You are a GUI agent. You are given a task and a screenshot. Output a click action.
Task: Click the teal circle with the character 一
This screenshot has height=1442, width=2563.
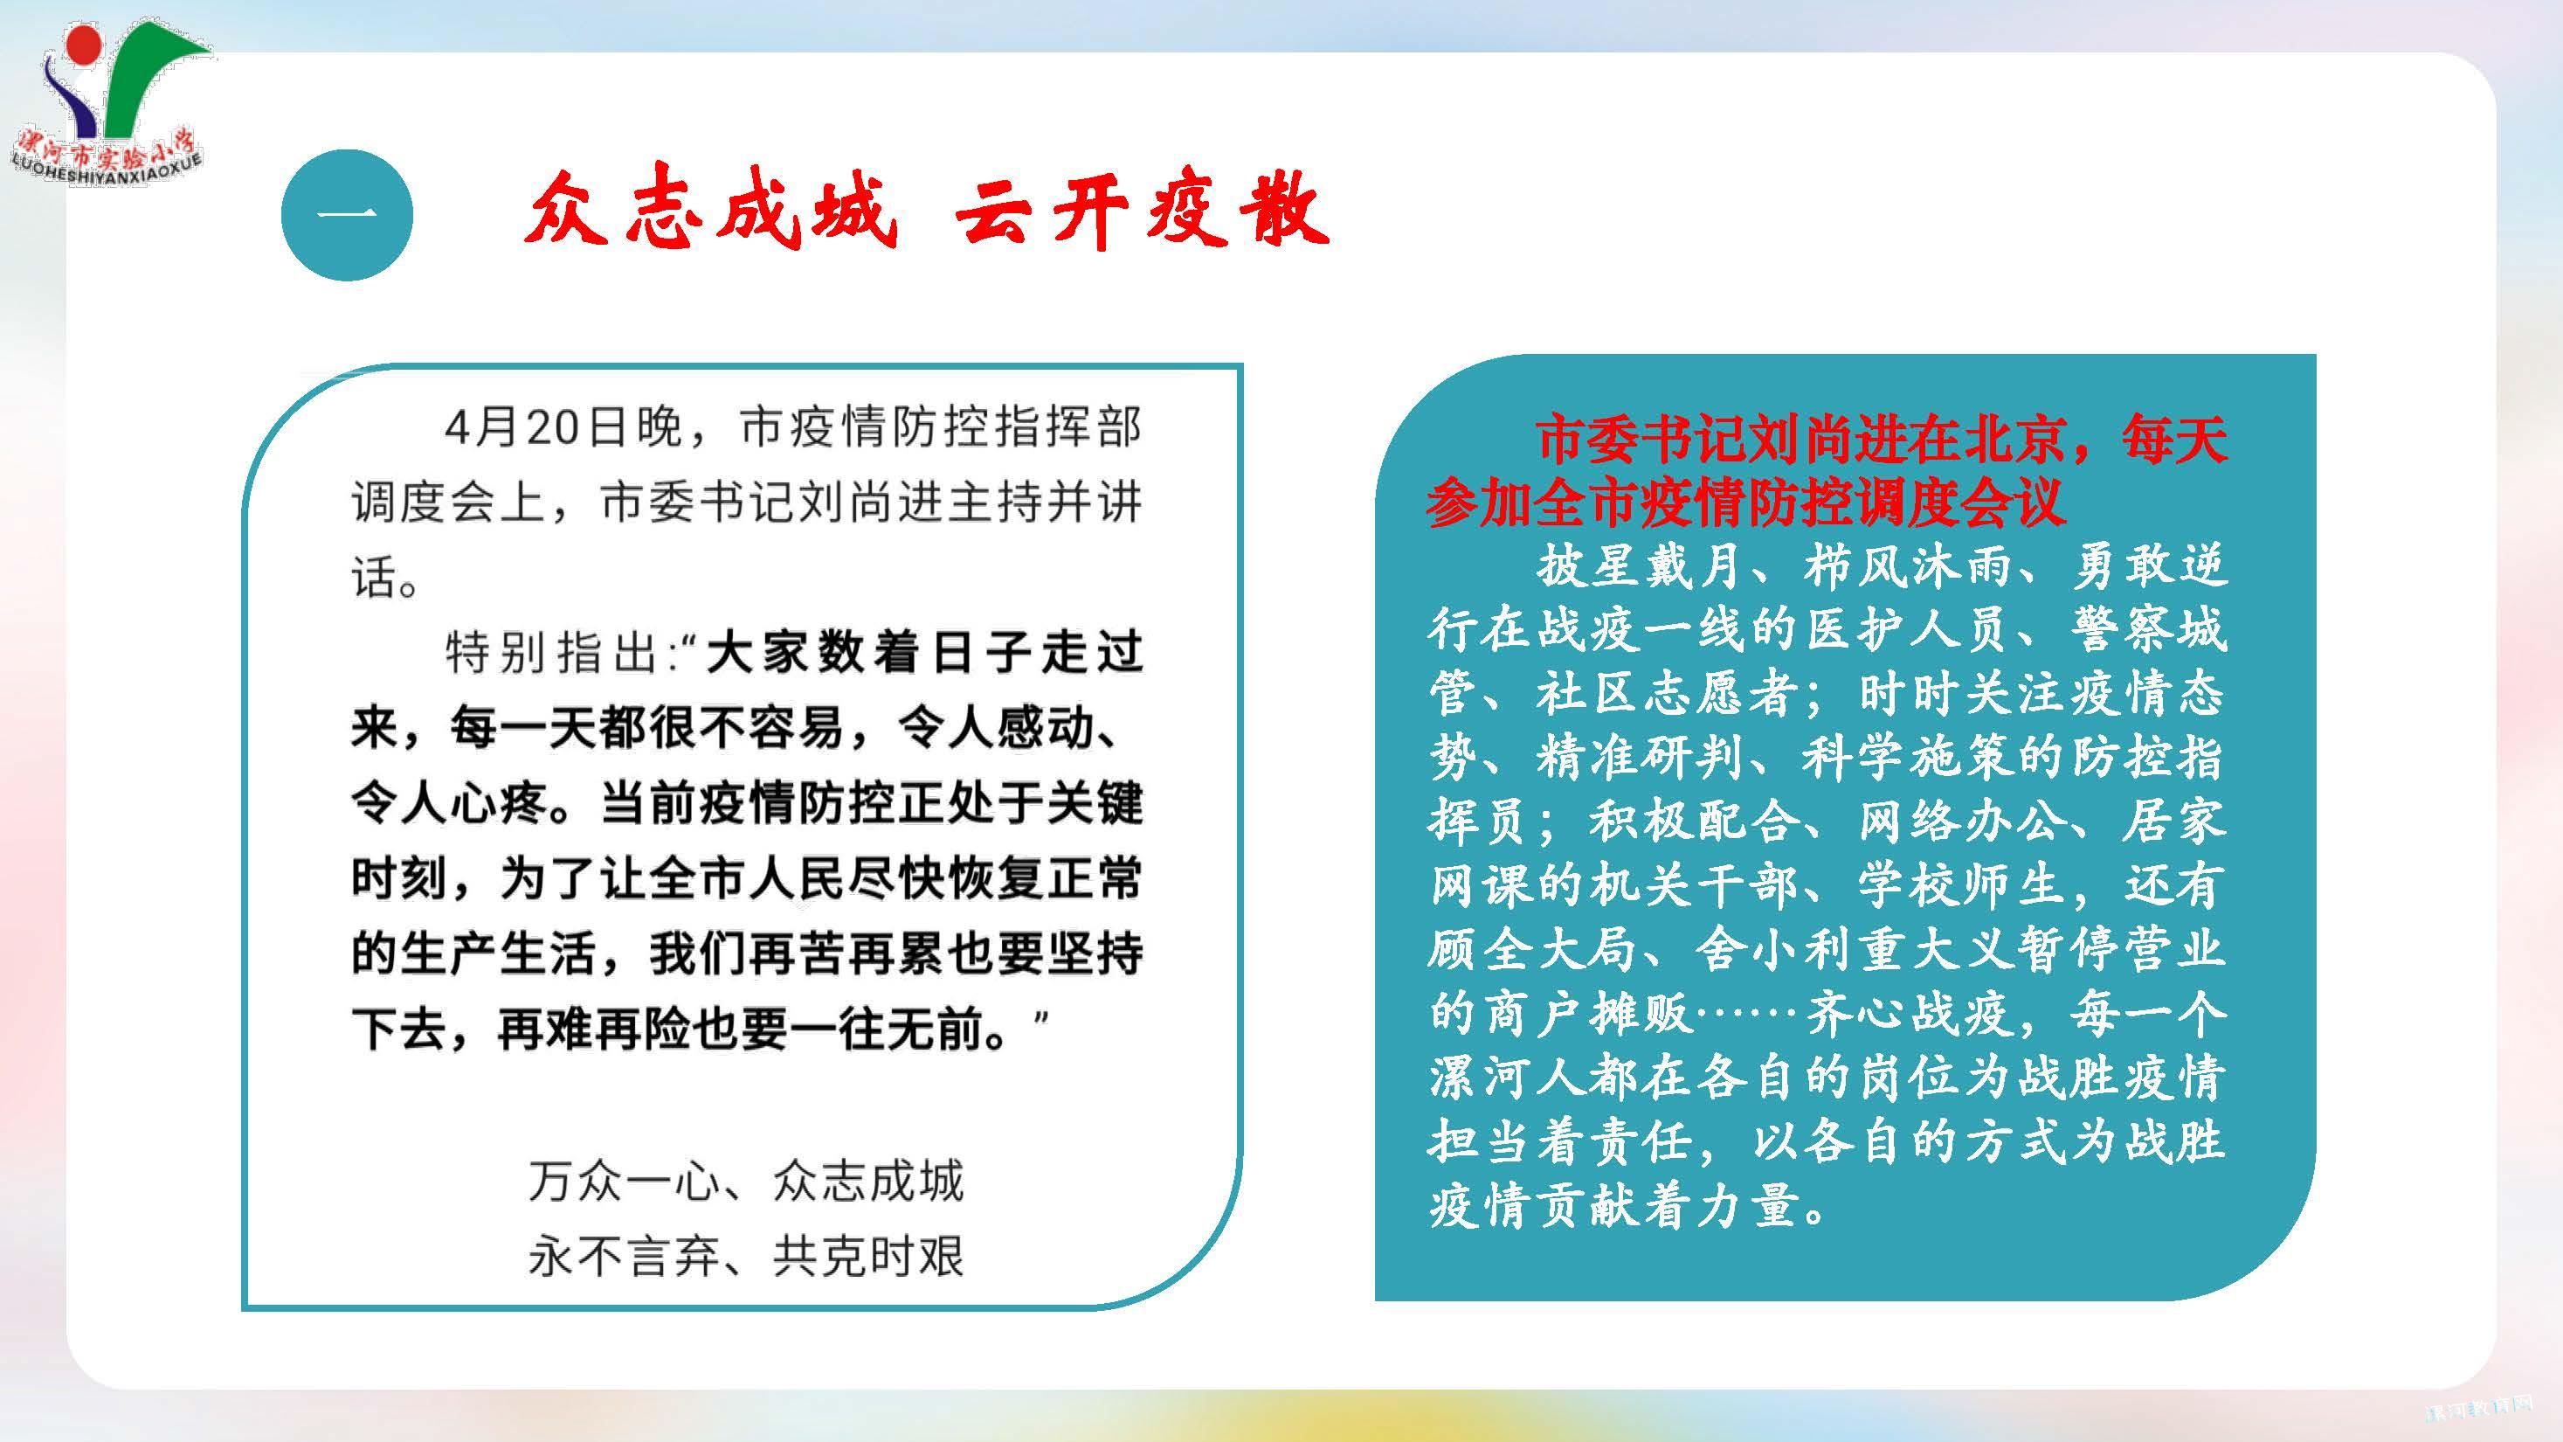(x=348, y=215)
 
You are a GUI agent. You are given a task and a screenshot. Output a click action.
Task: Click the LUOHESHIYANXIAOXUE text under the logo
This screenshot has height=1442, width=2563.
(x=107, y=173)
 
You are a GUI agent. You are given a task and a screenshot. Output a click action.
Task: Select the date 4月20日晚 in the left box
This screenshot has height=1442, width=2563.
(x=563, y=428)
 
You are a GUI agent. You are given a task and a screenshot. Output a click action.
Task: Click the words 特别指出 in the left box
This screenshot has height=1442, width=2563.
(x=549, y=653)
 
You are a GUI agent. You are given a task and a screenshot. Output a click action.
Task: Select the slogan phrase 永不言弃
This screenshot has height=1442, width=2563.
(x=624, y=1256)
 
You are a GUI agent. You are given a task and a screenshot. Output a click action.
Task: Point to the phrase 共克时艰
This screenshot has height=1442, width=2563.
(x=867, y=1256)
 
